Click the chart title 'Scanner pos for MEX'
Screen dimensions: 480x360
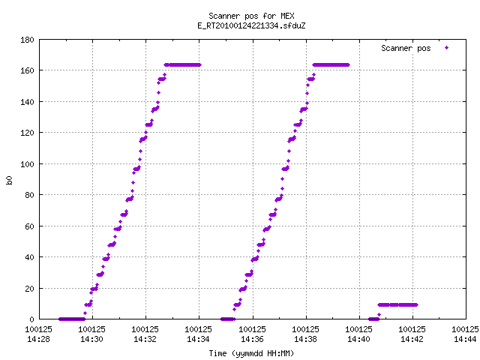[251, 16]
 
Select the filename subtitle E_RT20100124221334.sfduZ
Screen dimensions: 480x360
[251, 25]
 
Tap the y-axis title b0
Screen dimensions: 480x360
[9, 180]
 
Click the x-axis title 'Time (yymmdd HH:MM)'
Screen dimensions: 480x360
[251, 353]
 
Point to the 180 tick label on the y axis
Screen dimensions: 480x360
[27, 40]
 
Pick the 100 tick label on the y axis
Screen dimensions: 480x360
[27, 164]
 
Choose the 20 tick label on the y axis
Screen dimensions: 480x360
[29, 288]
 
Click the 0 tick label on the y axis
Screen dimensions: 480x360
[31, 319]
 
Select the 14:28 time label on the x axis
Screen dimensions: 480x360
[38, 339]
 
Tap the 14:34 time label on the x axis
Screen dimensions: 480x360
[198, 339]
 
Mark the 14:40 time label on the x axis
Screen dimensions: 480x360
[358, 339]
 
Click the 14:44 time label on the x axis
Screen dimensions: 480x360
[465, 339]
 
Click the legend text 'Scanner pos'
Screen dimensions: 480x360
[406, 48]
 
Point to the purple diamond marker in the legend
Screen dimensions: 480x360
[447, 47]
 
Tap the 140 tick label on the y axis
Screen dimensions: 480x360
[27, 102]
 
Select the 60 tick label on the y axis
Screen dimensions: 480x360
[29, 226]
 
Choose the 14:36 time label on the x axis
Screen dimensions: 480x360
[252, 339]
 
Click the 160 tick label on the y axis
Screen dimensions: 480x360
[27, 70]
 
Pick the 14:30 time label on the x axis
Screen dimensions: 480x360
[91, 339]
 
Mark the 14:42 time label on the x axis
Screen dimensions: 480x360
[412, 339]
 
